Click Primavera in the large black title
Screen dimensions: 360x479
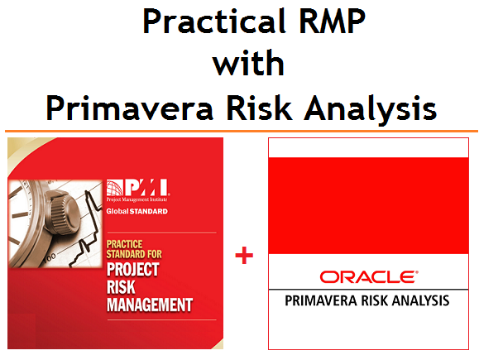(131, 107)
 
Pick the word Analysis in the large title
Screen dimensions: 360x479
(368, 107)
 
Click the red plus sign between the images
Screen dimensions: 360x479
(243, 256)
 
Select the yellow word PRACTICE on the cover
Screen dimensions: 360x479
(127, 244)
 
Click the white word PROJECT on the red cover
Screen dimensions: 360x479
(134, 271)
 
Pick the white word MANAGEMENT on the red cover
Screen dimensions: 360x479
(150, 305)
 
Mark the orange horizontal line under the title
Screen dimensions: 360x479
(240, 131)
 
